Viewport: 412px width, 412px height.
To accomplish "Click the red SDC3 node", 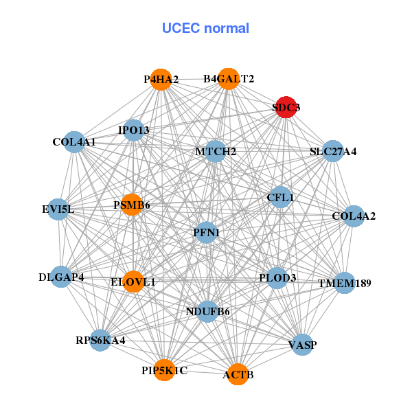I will [286, 107].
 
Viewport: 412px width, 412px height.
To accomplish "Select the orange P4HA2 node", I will [160, 80].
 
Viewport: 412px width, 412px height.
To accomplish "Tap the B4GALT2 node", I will [228, 79].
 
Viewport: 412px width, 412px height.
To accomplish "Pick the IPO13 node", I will [133, 130].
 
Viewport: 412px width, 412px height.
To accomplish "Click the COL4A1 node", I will [73, 142].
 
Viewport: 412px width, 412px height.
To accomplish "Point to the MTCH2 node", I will [215, 151].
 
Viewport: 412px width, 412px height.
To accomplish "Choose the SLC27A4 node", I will [333, 151].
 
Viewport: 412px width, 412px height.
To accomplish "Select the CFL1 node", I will [280, 198].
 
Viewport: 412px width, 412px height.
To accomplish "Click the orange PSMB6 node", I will [132, 205].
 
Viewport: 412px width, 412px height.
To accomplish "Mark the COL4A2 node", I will [354, 216].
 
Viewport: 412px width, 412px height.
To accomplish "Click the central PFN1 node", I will [207, 233].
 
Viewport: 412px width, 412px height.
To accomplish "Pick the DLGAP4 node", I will [61, 277].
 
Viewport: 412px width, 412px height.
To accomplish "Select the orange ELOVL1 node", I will [133, 282].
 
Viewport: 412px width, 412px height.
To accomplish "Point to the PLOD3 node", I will [277, 278].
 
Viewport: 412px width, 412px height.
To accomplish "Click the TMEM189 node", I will [345, 283].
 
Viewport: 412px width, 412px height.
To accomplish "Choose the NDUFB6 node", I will [207, 312].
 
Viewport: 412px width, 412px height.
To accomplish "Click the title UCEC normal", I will [205, 28].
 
